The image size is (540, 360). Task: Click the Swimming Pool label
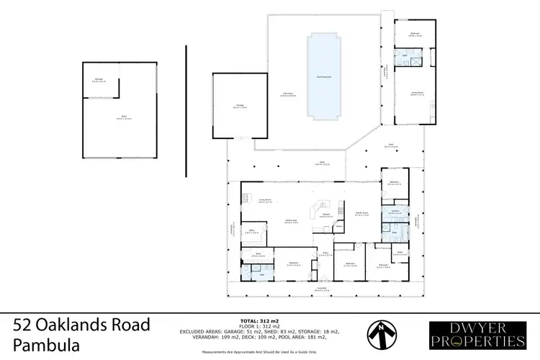coord(324,76)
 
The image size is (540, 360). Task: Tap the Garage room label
coord(240,107)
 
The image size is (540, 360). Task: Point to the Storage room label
coord(99,81)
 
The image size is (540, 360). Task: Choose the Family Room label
coord(361,214)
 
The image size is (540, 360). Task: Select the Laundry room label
coord(395,212)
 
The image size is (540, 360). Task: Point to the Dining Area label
coord(291,222)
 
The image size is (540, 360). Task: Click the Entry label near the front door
coord(325,254)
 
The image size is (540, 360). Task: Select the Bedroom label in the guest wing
coord(415,34)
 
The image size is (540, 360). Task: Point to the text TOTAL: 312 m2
coord(259,319)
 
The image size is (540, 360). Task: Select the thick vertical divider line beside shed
coord(186,109)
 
